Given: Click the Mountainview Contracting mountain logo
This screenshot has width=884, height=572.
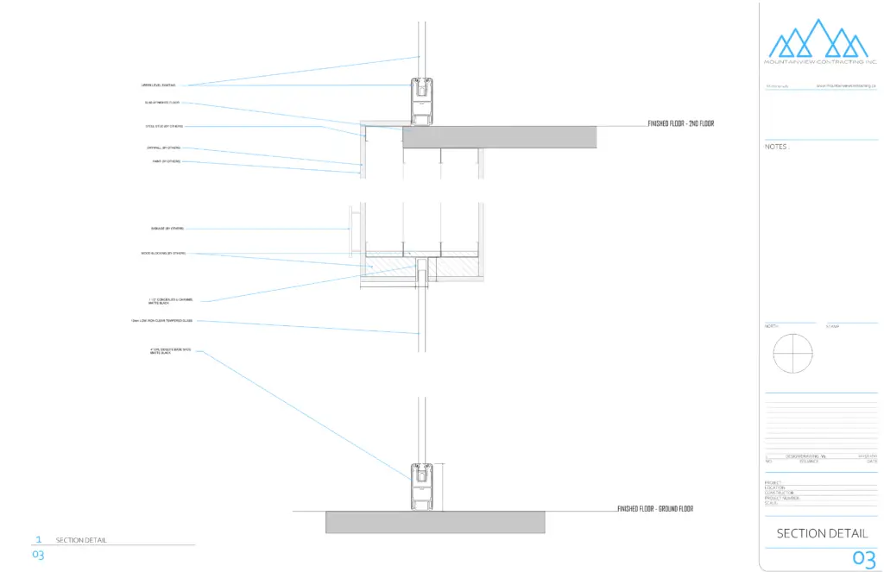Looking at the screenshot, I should [818, 40].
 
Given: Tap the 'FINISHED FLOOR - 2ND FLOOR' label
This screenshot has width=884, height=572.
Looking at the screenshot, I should [681, 124].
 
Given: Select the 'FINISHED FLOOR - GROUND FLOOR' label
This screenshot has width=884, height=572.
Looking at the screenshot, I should [655, 509].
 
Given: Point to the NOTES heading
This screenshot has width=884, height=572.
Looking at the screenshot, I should [776, 148].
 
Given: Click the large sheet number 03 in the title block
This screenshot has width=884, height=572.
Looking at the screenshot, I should [863, 559].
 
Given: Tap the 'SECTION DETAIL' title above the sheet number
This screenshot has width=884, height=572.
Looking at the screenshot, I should [822, 533].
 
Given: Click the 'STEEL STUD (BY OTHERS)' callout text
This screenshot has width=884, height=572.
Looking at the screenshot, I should [164, 127].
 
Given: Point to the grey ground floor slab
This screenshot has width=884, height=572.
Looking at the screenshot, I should [435, 521].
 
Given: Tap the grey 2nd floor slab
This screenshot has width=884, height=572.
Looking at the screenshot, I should [499, 136].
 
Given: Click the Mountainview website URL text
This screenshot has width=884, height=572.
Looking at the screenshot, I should [846, 86].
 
